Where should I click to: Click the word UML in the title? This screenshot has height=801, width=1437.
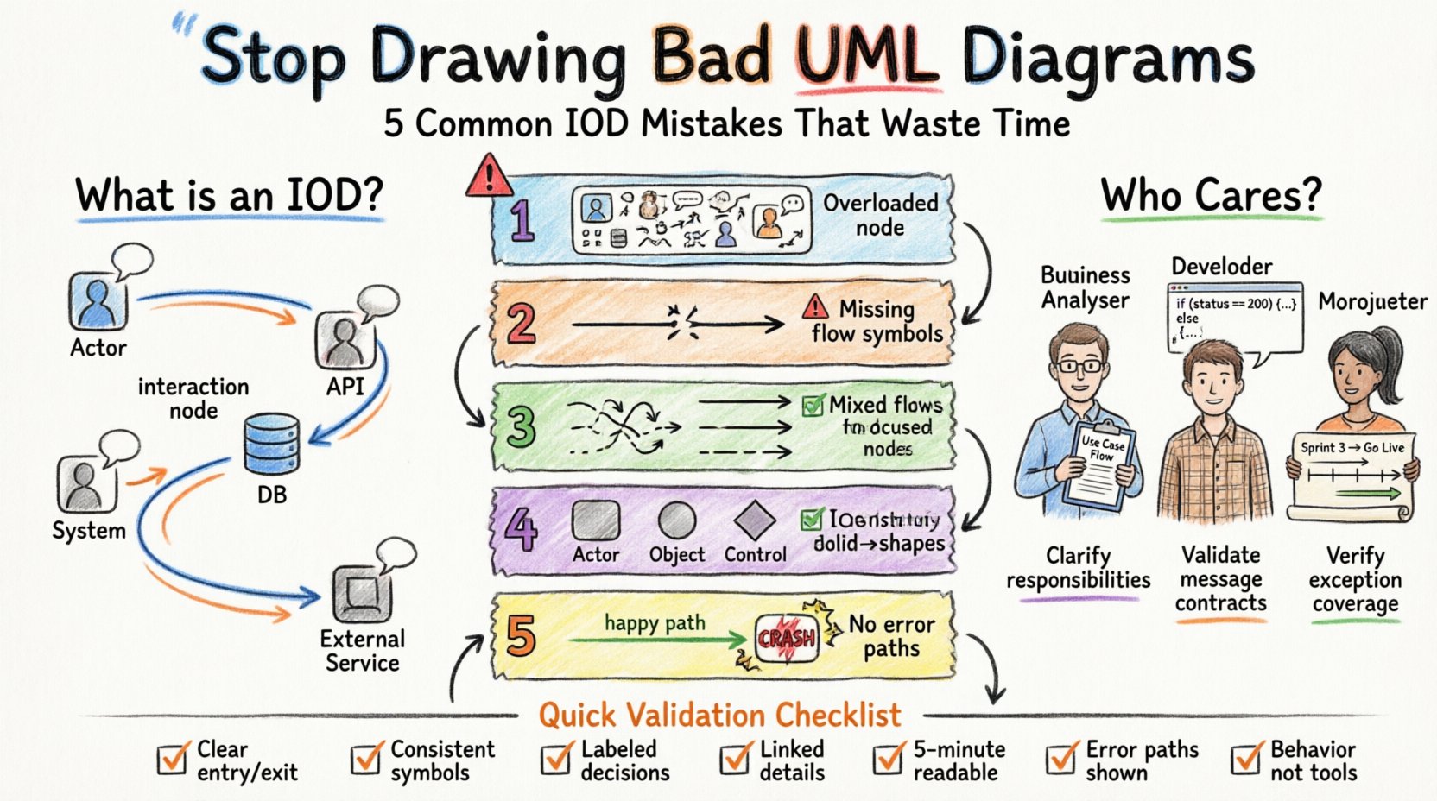click(x=865, y=57)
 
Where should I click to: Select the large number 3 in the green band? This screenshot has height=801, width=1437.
click(x=521, y=426)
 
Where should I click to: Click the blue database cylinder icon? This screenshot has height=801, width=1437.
click(x=271, y=445)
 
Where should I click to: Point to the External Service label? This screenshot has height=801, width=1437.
click(x=363, y=651)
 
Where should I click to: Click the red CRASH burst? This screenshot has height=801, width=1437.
click(x=787, y=639)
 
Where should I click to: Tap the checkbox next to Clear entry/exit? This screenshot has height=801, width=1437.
click(x=173, y=760)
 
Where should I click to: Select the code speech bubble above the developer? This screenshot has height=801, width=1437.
click(x=1235, y=317)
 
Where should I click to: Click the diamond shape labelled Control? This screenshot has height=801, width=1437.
click(x=755, y=520)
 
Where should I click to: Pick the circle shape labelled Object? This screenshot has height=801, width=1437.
click(x=677, y=520)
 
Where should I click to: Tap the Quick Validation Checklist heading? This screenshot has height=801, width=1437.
click(x=719, y=715)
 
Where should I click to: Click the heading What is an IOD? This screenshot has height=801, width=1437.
click(x=229, y=195)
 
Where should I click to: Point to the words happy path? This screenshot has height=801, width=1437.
click(x=655, y=622)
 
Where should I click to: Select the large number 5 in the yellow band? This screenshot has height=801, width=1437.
click(x=520, y=636)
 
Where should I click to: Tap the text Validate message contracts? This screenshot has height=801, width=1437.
click(x=1221, y=578)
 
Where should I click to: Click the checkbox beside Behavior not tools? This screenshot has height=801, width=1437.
click(x=1246, y=760)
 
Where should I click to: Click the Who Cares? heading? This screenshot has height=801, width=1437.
click(x=1211, y=195)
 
